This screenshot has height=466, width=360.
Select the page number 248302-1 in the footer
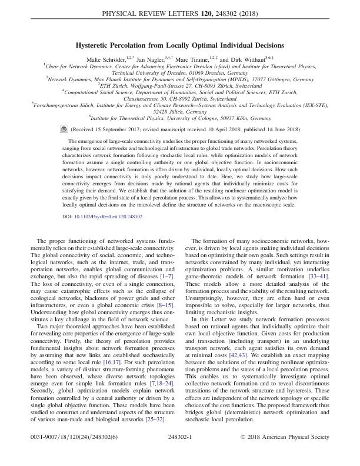[179, 454]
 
